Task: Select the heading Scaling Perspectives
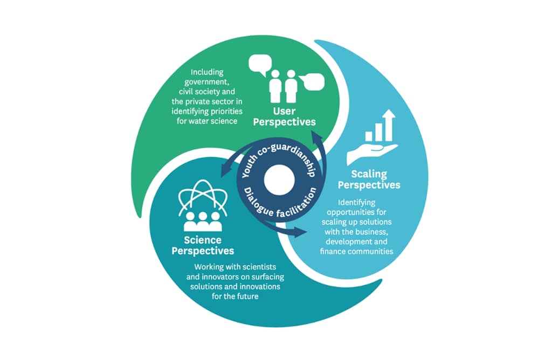pos(376,179)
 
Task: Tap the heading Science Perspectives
pos(203,246)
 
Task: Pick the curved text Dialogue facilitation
pos(280,208)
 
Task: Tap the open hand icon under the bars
pos(371,153)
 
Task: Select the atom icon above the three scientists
pos(203,197)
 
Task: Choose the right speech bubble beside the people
pos(312,81)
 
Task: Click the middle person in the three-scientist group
pos(203,219)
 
